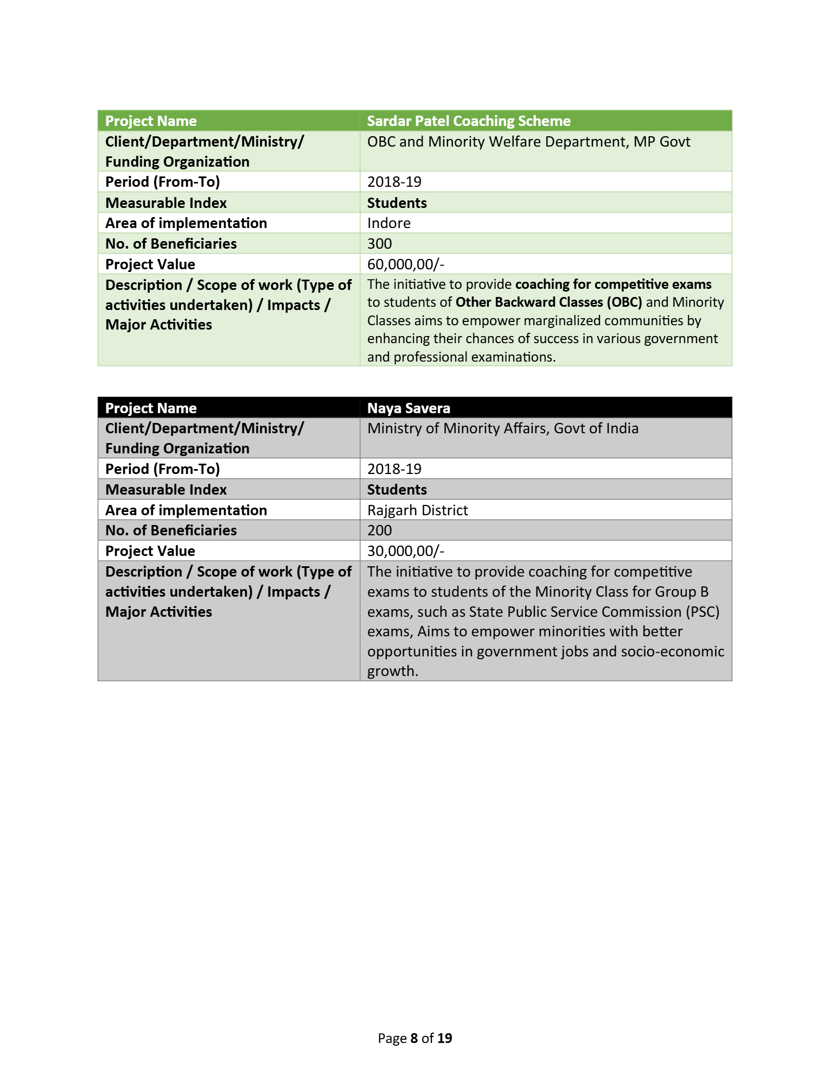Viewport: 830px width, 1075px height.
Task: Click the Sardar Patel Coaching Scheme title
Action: pyautogui.click(x=469, y=121)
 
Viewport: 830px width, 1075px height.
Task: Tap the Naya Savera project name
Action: pyautogui.click(x=408, y=408)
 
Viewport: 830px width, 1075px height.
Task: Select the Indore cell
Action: pyautogui.click(x=388, y=223)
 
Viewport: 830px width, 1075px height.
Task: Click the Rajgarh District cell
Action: pyautogui.click(x=417, y=510)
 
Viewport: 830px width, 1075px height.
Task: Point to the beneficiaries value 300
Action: pyautogui.click(x=379, y=244)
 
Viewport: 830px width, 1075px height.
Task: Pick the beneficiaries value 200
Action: pyautogui.click(x=379, y=530)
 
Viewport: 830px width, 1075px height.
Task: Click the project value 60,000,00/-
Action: pyautogui.click(x=405, y=264)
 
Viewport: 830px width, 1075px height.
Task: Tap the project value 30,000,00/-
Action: pyautogui.click(x=405, y=551)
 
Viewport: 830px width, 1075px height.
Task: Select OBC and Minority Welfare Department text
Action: pyautogui.click(x=528, y=142)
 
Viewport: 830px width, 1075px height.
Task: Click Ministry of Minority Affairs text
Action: pyautogui.click(x=502, y=428)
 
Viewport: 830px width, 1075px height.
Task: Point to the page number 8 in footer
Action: pyautogui.click(x=414, y=1038)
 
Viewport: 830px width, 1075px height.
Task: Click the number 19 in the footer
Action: pyautogui.click(x=444, y=1038)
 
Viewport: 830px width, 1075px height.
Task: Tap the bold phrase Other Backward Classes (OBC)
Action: pyautogui.click(x=548, y=302)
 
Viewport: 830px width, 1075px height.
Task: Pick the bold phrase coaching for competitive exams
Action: pyautogui.click(x=613, y=284)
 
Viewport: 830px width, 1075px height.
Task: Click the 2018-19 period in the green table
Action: pyautogui.click(x=394, y=182)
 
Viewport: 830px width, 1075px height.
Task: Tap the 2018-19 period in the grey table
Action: pyautogui.click(x=394, y=469)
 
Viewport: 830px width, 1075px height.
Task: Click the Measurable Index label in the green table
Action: pyautogui.click(x=166, y=203)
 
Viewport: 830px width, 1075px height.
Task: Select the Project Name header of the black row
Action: pyautogui.click(x=151, y=408)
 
